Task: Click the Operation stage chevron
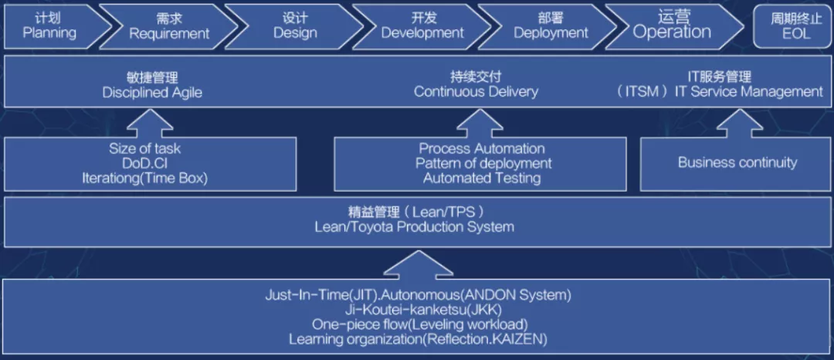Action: click(673, 26)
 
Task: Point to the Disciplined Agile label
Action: click(152, 93)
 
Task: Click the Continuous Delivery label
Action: click(476, 91)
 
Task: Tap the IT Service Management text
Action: click(749, 91)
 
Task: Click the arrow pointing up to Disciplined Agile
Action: click(151, 124)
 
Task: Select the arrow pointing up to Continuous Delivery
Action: click(480, 124)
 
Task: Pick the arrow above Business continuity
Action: click(738, 124)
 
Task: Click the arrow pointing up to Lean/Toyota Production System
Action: click(418, 263)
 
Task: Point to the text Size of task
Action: click(144, 148)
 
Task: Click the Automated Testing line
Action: click(482, 178)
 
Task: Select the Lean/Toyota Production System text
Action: click(415, 228)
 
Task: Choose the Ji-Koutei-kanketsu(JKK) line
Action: click(418, 309)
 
